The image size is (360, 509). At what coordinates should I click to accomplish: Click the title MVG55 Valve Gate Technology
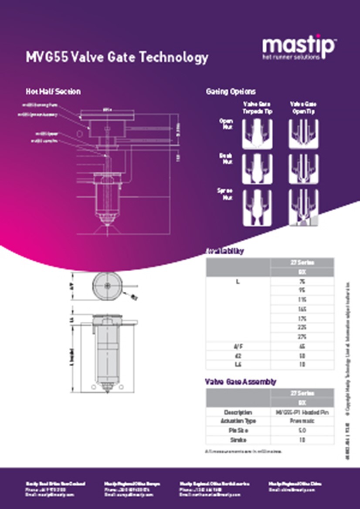pos(117,57)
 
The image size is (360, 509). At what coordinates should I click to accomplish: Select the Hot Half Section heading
pos(53,92)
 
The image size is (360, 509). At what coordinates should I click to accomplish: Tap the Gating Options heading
pos(231,92)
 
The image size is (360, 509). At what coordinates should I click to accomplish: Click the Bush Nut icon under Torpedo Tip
pos(257,169)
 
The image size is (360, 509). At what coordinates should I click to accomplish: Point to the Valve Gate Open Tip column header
pos(303,108)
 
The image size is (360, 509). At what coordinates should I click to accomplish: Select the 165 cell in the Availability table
pos(302,309)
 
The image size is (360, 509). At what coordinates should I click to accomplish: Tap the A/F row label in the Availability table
pos(238,347)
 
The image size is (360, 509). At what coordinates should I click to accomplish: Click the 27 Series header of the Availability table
pos(302,262)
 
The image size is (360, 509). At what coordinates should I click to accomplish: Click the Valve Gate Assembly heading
pos(240,382)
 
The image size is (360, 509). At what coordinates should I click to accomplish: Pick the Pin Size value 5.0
pos(302,430)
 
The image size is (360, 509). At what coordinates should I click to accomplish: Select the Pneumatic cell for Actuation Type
pos(302,421)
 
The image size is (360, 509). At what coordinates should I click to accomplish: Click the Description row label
pos(238,412)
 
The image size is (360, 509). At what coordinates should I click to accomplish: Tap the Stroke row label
pos(238,440)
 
